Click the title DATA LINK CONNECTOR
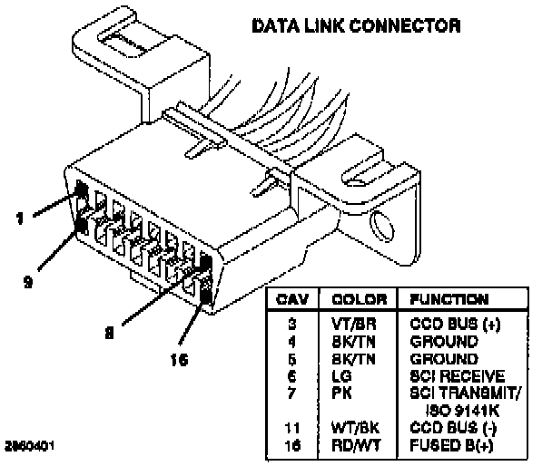click(x=356, y=26)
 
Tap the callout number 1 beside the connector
click(x=20, y=218)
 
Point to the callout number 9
click(x=28, y=281)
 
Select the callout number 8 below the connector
click(x=110, y=332)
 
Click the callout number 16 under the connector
click(x=179, y=360)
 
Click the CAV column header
click(x=292, y=299)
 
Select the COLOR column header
click(x=360, y=299)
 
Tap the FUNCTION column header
click(x=449, y=299)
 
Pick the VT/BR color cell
click(x=354, y=324)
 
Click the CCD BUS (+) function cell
click(x=455, y=324)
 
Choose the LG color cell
click(x=341, y=376)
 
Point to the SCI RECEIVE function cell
click(x=458, y=376)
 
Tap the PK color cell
click(x=341, y=393)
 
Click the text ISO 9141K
click(x=463, y=410)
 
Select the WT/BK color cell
click(x=355, y=428)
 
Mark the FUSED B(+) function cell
click(x=451, y=445)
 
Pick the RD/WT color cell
click(x=356, y=445)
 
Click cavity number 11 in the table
click(x=292, y=428)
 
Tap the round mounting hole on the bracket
click(x=381, y=227)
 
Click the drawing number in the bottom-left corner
click(x=30, y=446)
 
